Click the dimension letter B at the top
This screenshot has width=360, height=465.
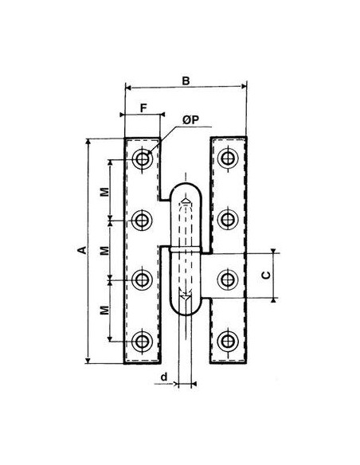185,80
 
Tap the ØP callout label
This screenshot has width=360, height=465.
191,119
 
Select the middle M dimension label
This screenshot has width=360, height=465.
105,251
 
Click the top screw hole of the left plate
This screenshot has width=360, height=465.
143,158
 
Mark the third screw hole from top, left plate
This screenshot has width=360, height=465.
143,279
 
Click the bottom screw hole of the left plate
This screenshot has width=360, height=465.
143,342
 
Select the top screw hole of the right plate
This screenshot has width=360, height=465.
229,158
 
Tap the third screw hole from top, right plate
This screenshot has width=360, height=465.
229,279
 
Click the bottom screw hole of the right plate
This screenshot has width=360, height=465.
229,342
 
